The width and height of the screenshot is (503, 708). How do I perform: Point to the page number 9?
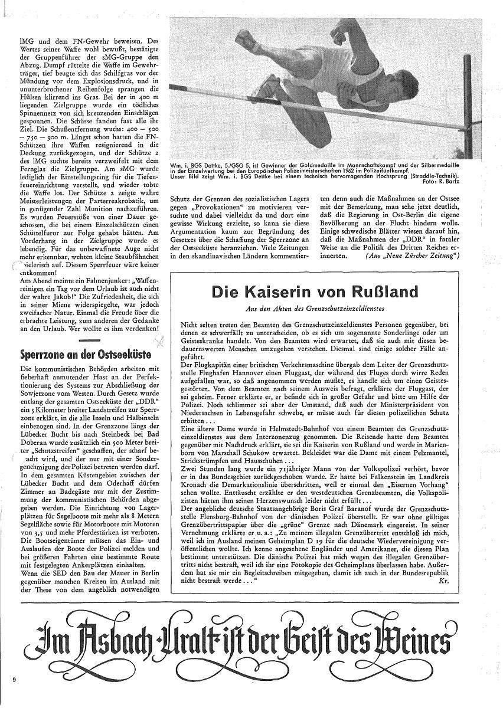coord(13,680)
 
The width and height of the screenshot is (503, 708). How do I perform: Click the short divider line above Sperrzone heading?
coord(90,341)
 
